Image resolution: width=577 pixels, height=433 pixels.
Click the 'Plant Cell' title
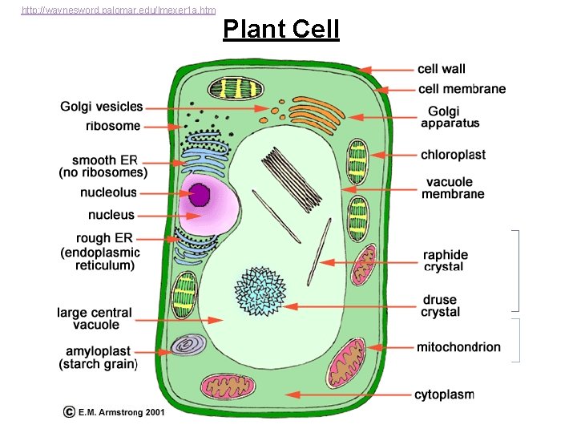tap(281, 30)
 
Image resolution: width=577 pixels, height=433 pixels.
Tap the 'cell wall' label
tap(441, 69)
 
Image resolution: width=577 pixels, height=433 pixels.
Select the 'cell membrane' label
tap(462, 89)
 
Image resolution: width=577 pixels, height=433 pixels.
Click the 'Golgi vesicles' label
tap(102, 107)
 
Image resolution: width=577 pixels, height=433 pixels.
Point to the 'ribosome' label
tap(113, 126)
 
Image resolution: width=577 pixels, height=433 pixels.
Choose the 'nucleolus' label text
tap(108, 192)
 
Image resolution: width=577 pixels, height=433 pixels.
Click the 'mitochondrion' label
tap(458, 347)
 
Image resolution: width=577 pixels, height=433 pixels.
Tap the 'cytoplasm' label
tap(444, 395)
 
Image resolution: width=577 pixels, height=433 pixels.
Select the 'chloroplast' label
tap(453, 155)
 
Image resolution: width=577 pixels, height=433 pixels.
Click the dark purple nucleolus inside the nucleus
tap(199, 195)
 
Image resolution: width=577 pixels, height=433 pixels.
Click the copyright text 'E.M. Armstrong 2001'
tap(121, 411)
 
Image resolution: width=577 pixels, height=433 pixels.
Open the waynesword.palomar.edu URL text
tap(118, 10)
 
